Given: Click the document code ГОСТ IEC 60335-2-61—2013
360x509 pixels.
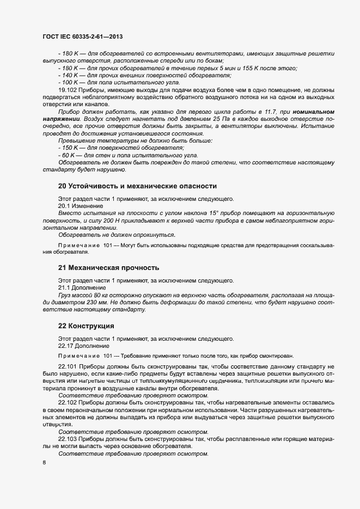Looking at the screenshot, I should coord(81,37).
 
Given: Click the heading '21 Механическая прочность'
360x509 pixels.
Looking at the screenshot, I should coord(108,267).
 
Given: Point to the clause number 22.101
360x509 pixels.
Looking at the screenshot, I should coord(68,367).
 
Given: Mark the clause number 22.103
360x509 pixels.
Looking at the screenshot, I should coord(68,438).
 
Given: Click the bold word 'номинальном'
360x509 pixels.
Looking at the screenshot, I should coord(313,112).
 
